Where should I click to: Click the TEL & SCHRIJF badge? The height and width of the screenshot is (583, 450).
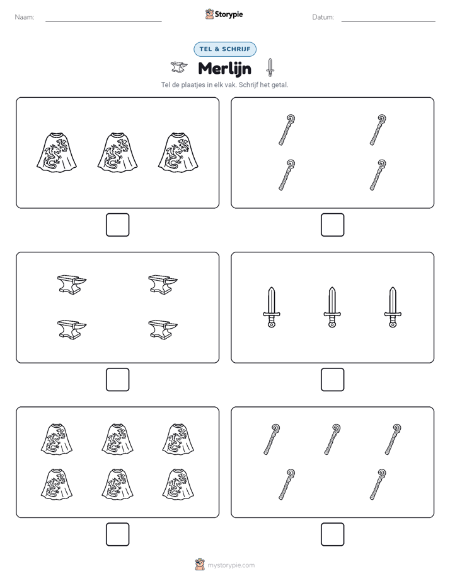(x=225, y=49)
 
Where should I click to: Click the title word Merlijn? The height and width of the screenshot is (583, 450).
(x=224, y=68)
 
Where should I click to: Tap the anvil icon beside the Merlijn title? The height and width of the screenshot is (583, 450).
(x=178, y=68)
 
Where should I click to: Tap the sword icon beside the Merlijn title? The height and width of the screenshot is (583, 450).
(x=270, y=68)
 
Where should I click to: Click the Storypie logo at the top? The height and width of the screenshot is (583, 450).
(x=224, y=15)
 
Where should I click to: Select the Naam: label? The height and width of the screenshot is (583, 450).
(x=25, y=17)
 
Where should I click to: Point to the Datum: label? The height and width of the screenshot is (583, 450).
(x=323, y=17)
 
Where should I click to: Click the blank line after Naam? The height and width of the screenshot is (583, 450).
(x=103, y=21)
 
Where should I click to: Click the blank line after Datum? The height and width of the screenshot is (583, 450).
(x=388, y=21)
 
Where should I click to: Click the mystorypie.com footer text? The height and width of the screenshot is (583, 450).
(x=231, y=565)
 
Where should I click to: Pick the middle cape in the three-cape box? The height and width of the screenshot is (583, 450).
(x=117, y=153)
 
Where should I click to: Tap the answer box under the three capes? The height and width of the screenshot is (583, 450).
(x=118, y=225)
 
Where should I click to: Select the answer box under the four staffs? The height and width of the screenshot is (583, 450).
(x=333, y=225)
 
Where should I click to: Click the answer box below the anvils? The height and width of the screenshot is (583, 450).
(x=118, y=380)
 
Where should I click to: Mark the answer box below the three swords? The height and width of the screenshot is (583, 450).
(x=333, y=380)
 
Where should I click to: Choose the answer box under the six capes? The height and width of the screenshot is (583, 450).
(x=118, y=534)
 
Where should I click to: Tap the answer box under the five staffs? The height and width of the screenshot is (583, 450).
(x=333, y=534)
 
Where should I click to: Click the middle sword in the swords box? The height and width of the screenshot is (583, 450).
(x=332, y=307)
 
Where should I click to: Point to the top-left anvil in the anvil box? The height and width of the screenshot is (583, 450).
(x=72, y=285)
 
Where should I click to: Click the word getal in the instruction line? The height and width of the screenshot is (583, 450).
(x=280, y=85)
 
